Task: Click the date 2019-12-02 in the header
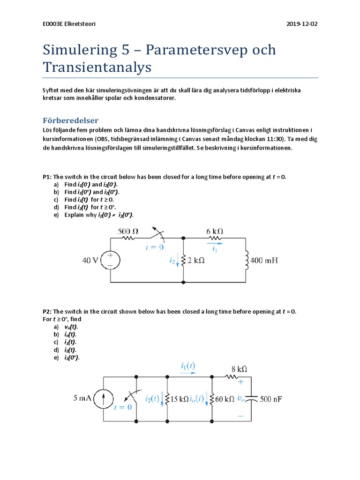coord(302,24)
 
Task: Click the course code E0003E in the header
coord(52,24)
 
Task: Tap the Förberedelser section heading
coord(70,120)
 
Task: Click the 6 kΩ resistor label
coord(214,231)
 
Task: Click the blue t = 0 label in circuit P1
coord(155,247)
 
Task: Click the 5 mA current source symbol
coord(103,399)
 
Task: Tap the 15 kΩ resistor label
coord(180,399)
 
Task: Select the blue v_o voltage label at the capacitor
coord(241,399)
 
